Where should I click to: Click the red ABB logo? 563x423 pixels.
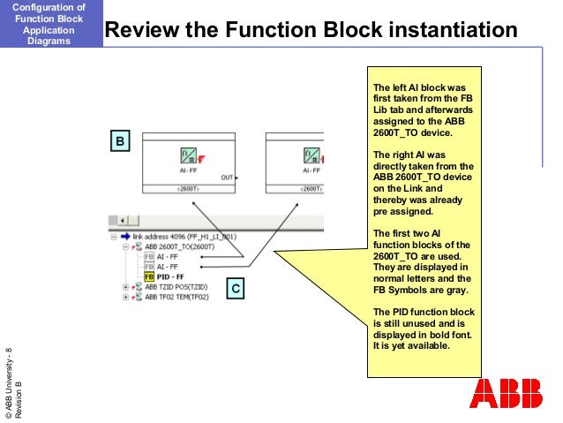(x=507, y=394)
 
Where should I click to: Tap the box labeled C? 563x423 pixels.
(x=236, y=288)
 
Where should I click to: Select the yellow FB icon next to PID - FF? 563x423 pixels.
(x=149, y=276)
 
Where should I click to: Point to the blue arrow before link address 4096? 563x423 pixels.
(x=124, y=237)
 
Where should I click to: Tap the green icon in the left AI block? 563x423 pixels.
(x=187, y=155)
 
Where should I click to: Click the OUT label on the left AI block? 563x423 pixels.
(x=227, y=177)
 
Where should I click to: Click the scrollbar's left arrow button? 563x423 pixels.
(x=124, y=220)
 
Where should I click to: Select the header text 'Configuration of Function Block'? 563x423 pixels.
(x=50, y=12)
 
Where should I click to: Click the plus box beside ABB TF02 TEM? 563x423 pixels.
(x=126, y=298)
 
